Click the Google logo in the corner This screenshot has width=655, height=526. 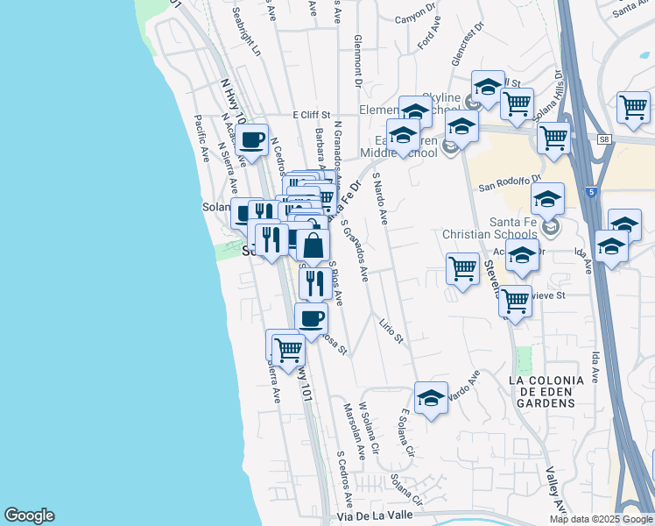(x=29, y=515)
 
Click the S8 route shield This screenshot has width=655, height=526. (x=603, y=139)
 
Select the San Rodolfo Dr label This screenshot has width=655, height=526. (x=511, y=183)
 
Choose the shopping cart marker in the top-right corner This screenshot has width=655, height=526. (x=632, y=107)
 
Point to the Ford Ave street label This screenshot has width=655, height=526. (x=428, y=37)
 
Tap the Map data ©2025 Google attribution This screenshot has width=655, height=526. (x=601, y=519)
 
